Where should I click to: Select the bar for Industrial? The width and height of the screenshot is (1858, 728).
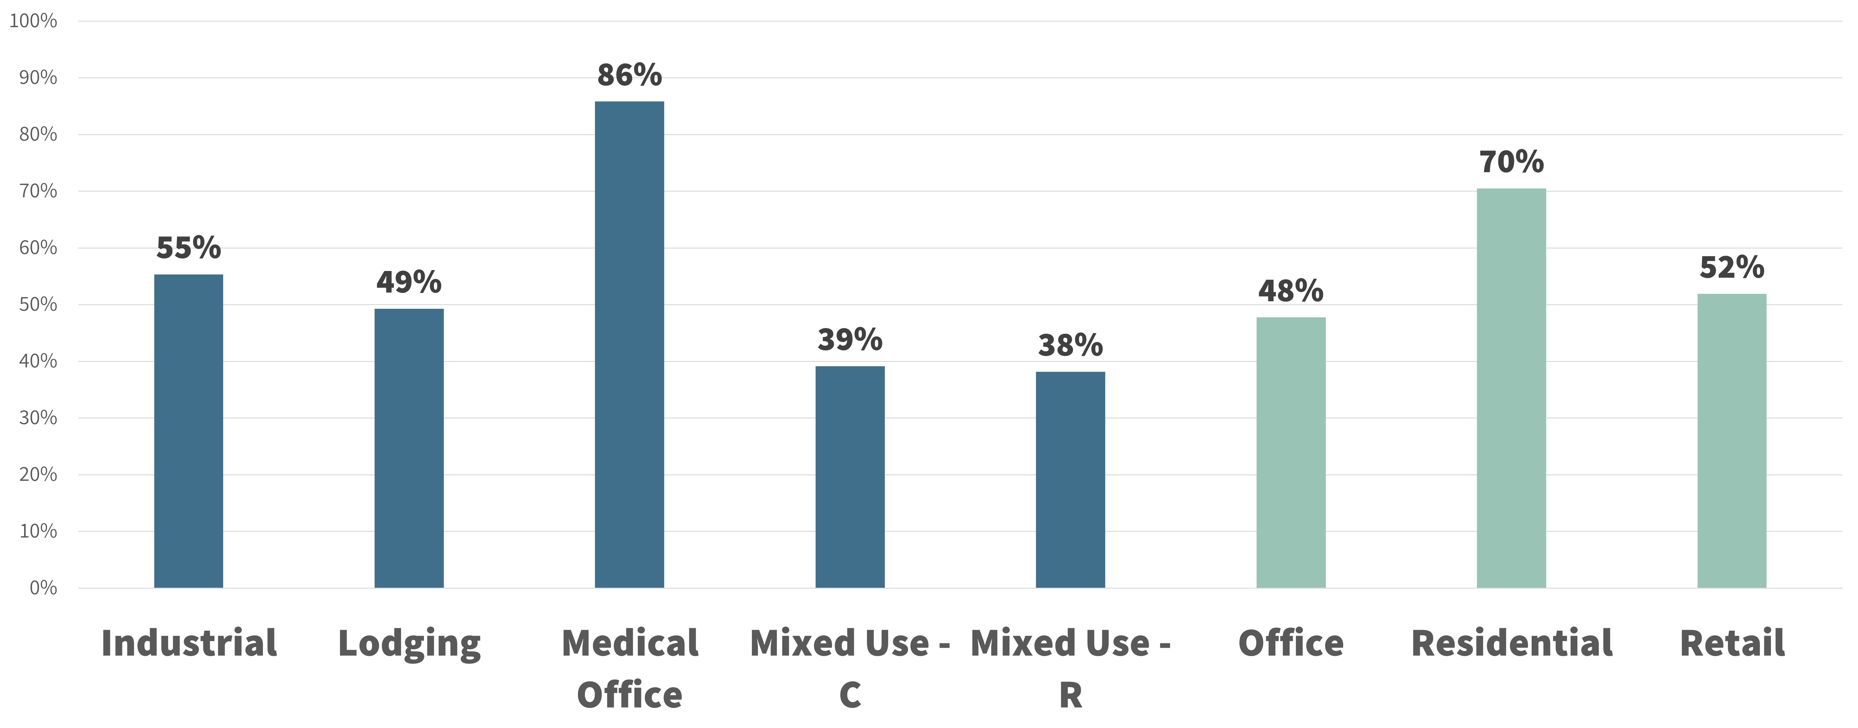coord(189,431)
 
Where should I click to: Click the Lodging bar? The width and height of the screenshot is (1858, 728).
coord(409,448)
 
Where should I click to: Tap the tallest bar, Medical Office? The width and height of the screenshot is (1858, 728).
coord(630,344)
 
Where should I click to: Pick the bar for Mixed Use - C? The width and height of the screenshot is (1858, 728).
coord(851,477)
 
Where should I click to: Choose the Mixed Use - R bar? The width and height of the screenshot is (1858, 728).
coord(1070,480)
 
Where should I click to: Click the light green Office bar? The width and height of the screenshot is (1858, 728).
coord(1291,452)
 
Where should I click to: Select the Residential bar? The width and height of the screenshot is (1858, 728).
coord(1512,388)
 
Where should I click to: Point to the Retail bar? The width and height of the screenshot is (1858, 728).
coord(1732,441)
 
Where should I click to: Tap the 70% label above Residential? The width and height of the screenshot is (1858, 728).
coord(1512,162)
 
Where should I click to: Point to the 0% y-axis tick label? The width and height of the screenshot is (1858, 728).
coord(43,588)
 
